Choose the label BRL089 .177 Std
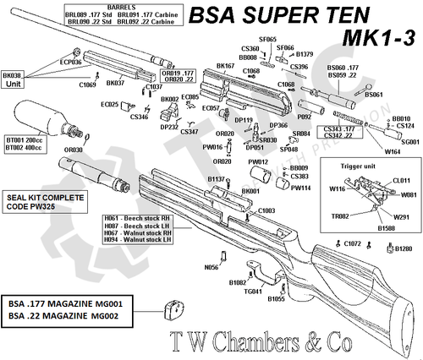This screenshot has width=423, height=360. [83, 13]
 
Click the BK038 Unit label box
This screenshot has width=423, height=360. [14, 79]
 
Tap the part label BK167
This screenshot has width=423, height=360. [225, 65]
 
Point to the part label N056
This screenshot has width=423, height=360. [212, 266]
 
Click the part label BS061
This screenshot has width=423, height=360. [374, 95]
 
